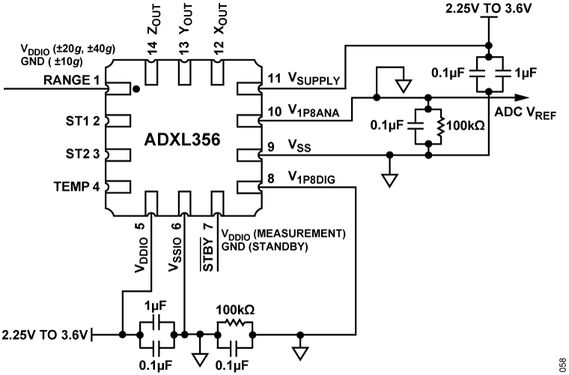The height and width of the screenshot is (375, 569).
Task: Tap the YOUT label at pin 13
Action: [185, 30]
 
